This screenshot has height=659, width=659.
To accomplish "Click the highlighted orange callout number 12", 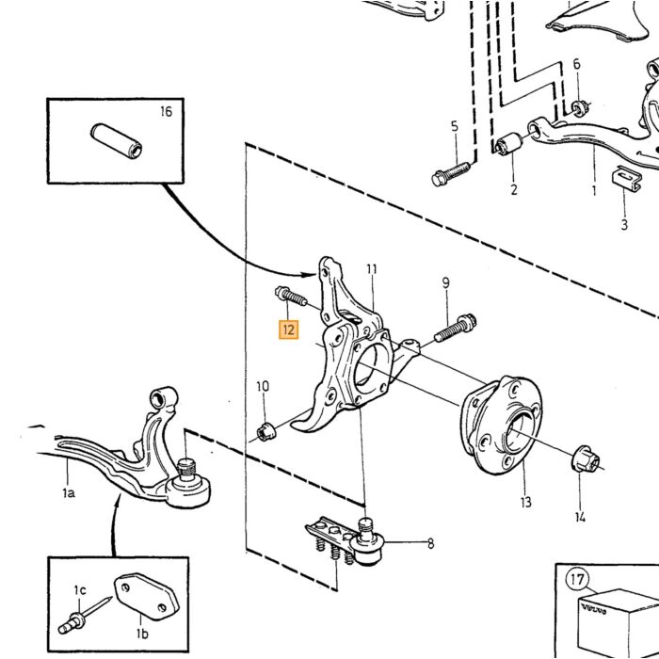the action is point(288,329).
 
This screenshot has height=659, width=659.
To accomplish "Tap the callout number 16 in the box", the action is point(167,112).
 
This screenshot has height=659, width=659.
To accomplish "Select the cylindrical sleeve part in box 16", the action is point(117,141).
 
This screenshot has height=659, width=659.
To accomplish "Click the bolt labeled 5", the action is point(451,174).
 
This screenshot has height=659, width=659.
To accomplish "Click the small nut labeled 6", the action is point(580,109).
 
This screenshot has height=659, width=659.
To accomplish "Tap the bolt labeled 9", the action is point(455,328).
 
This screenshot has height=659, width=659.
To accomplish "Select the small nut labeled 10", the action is point(265,431).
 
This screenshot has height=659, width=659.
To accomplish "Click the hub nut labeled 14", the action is point(586,458).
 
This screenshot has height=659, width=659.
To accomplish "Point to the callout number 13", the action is point(525,502).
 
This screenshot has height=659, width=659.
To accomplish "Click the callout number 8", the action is point(431,543).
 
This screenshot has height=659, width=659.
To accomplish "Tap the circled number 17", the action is point(577,580).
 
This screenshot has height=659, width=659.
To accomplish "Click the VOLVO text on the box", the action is point(593,609).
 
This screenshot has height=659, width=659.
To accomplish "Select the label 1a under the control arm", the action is point(69,492).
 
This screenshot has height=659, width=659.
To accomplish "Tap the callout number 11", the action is point(372,269).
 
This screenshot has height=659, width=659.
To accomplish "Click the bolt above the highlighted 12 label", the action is point(291,297).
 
